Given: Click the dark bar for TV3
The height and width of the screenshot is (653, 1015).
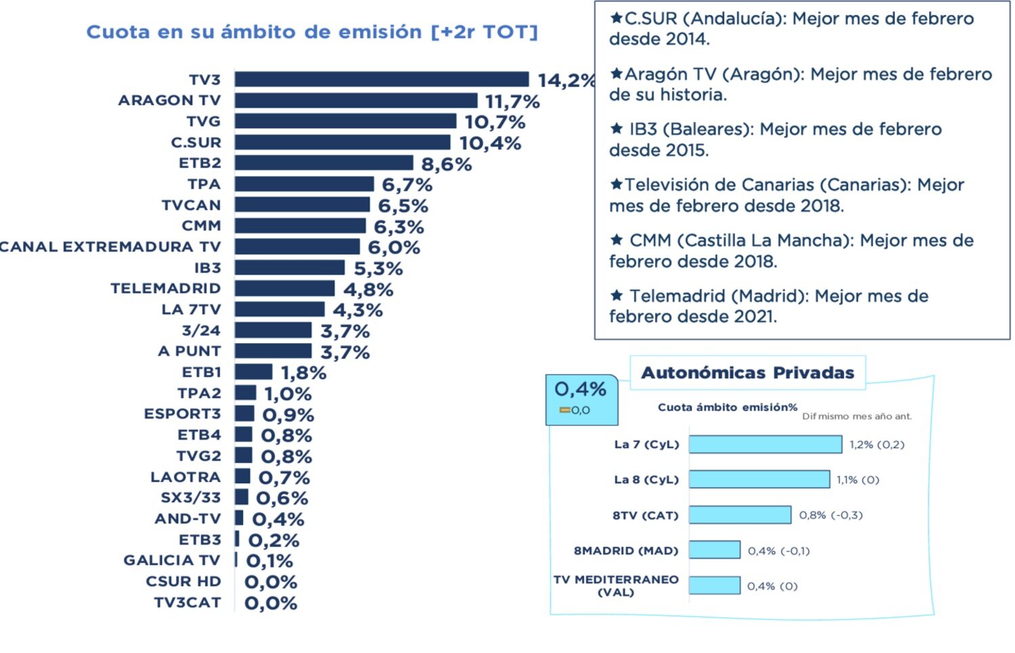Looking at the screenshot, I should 381,79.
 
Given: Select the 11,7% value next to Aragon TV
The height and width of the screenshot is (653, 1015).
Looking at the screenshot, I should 512,102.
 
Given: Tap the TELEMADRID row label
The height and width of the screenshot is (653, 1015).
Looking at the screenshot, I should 166,288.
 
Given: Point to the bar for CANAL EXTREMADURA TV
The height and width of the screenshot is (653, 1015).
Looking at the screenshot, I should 297,246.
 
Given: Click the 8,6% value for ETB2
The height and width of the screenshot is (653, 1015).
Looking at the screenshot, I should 446,164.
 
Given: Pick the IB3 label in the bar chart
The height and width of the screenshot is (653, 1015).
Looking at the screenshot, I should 207,267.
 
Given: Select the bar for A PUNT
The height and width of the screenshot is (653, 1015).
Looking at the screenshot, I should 273,351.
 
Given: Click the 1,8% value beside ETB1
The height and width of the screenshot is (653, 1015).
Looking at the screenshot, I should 304,373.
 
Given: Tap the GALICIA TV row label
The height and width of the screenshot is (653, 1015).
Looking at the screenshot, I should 172,560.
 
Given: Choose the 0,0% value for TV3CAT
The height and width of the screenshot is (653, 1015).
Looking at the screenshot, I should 271,603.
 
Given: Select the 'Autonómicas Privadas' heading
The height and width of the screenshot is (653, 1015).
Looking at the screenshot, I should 748,373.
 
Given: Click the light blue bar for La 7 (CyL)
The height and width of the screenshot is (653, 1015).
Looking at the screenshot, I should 765,445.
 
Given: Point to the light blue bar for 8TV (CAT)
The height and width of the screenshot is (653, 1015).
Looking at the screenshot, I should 740,515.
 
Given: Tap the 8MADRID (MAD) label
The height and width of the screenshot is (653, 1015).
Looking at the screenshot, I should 626,550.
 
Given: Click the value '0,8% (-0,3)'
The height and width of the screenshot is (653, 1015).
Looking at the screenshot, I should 831,515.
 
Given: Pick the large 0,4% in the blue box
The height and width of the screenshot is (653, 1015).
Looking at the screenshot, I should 580,389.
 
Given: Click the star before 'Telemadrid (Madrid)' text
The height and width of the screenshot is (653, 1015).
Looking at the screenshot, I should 616,296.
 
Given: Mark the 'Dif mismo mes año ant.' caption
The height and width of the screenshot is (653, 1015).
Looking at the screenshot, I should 857,416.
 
